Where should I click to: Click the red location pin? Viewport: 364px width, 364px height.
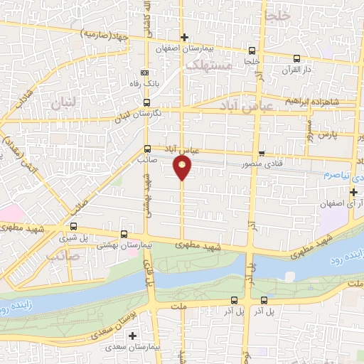[x=182, y=168]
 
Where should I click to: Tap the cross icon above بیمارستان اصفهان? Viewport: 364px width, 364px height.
[x=184, y=37]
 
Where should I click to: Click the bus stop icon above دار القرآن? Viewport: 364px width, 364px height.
[x=296, y=58]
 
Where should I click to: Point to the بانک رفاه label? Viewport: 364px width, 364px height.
[x=146, y=83]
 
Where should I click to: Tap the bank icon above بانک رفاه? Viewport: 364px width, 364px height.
[x=146, y=73]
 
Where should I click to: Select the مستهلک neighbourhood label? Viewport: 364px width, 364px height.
[x=209, y=65]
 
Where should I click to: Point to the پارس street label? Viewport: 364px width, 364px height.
[x=325, y=133]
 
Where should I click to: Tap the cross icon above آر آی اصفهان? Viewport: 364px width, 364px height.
[x=353, y=193]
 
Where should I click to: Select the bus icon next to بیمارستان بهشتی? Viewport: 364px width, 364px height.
[x=124, y=233]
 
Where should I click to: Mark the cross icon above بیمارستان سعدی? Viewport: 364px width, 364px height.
[x=132, y=335]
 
